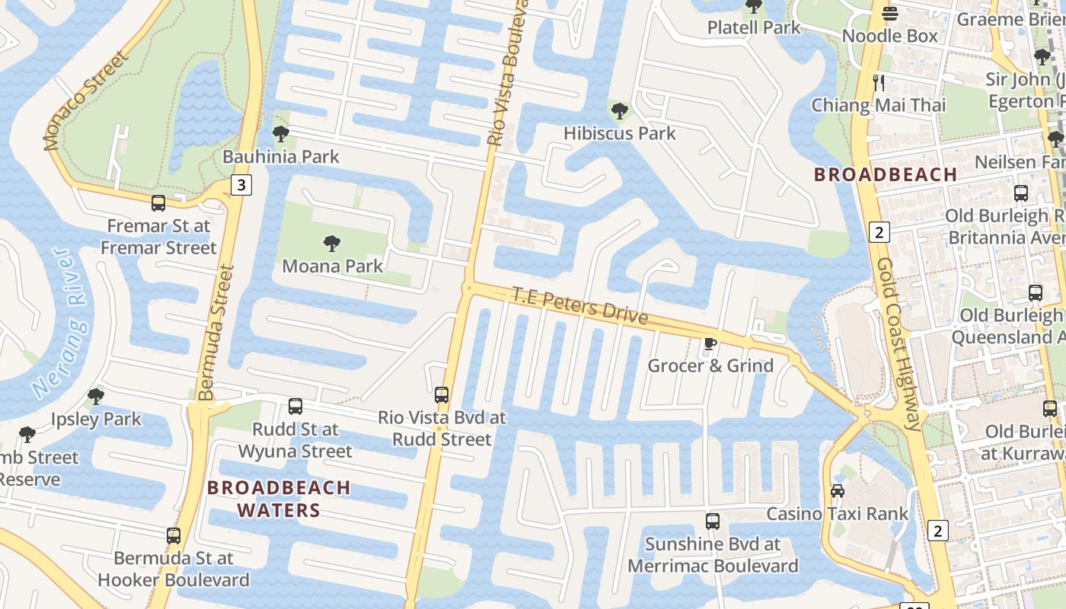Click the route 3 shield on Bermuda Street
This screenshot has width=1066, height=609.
coord(241,185)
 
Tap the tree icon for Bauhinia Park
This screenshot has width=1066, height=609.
coord(281,135)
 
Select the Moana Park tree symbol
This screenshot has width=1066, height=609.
coord(332,244)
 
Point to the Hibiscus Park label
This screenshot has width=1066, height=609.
coord(620,133)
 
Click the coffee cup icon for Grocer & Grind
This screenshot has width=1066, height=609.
coord(710,343)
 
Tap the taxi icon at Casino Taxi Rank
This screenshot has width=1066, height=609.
coord(838,491)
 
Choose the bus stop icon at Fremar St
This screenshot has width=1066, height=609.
coord(158,203)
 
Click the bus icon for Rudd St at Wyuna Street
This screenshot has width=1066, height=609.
coord(295,407)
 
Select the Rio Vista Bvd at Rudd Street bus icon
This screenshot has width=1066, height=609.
coord(442,395)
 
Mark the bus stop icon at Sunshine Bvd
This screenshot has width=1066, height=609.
coord(713,521)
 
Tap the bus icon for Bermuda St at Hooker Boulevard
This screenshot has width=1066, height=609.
coord(174,536)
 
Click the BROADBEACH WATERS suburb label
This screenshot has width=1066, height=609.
coord(279,499)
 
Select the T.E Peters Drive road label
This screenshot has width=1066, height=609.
coord(579,304)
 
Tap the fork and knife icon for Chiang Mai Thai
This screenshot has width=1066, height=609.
coord(879,82)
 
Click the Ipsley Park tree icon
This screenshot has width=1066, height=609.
coord(96,397)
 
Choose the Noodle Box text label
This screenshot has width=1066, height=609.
coord(889,36)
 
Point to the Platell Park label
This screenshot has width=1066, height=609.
coord(754,27)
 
